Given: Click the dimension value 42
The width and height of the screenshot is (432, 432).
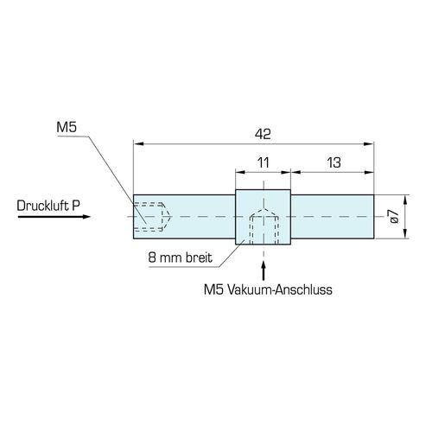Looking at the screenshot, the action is [263, 134].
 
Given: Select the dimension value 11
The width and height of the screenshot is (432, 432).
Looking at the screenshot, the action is [263, 162].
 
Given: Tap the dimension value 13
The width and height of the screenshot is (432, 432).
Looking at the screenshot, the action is [334, 162].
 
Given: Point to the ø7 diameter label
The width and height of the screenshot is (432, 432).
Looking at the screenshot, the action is [394, 217].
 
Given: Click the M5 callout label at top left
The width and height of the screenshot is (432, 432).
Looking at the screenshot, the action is [67, 127].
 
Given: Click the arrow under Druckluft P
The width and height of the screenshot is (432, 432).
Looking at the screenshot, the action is [54, 217].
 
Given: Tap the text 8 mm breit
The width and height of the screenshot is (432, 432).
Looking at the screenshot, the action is [180, 257].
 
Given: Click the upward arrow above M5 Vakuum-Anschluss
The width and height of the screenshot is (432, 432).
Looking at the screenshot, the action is [264, 270].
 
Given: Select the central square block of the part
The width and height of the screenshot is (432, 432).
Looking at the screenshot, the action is [263, 217].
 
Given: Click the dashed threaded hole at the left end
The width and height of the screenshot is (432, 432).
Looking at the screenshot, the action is [153, 217].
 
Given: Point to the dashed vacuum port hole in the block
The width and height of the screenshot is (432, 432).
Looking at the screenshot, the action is [264, 227].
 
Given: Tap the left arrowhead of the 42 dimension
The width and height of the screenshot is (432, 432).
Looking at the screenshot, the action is [138, 143].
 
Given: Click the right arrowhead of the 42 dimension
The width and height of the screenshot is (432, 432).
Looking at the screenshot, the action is [369, 143].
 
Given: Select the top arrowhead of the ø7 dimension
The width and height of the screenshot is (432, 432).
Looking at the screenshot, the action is [405, 200].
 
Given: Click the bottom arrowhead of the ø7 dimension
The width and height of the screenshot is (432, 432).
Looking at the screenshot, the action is [405, 234].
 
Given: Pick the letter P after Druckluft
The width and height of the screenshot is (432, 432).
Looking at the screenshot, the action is [76, 206].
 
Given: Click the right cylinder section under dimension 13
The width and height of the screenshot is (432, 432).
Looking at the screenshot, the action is [333, 217].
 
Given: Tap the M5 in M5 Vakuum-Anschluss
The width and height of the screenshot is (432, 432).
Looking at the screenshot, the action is [213, 289].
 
